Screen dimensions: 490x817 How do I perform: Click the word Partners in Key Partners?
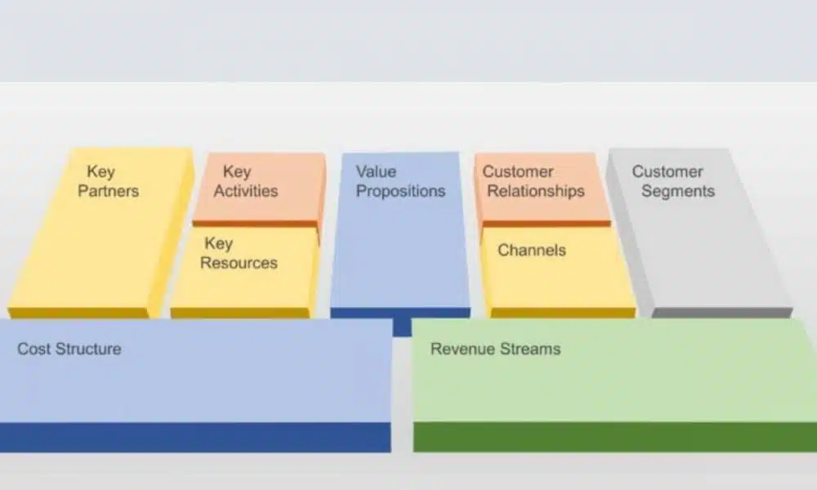pos(109,192)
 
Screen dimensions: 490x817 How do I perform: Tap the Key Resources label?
pos(239,253)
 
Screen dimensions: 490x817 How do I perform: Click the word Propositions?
pos(400,192)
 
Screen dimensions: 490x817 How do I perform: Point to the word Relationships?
pos(534,192)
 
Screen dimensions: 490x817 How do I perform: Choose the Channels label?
pos(531,251)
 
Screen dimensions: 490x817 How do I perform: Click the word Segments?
pos(678,192)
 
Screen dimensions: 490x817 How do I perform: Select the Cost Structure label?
pos(69,349)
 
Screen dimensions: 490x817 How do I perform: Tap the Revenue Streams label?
pos(495,349)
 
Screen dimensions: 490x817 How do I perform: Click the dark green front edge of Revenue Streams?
pos(613,437)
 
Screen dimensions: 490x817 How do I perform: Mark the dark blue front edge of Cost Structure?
pos(196,438)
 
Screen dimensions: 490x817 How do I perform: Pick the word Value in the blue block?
pos(376,172)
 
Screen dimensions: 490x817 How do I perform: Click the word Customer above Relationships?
pos(518,172)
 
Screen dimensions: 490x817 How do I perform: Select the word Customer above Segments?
pos(667,172)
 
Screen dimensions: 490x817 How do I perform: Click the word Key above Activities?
pos(237,172)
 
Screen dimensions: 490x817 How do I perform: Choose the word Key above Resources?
pos(218,243)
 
